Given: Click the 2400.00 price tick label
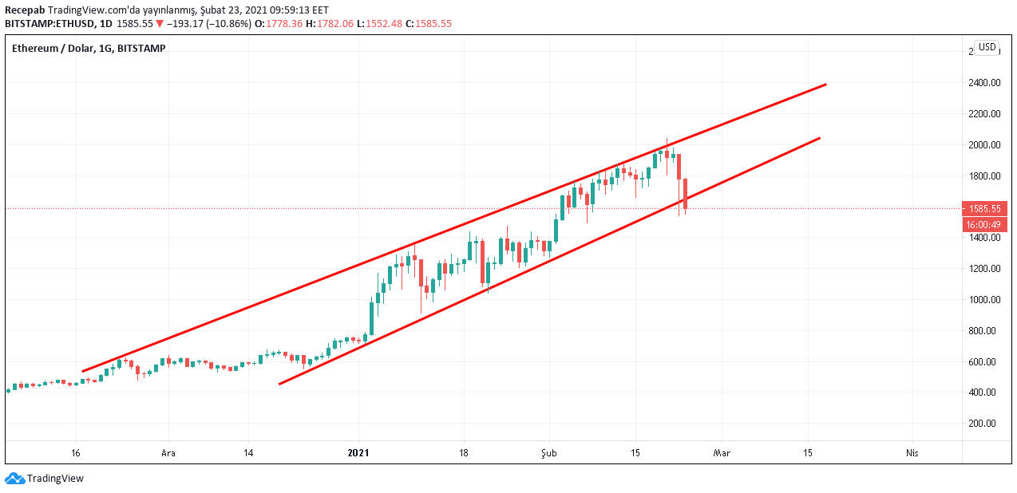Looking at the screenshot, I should tap(984, 83).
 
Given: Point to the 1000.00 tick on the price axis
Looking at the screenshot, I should tap(984, 300).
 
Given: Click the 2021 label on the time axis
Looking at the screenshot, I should tap(358, 453).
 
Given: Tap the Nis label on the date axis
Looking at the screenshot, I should tap(912, 453).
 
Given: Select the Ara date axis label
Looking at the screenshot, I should tap(168, 453).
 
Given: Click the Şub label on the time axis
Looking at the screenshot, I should tap(548, 453).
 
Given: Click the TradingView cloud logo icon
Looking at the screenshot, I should tap(14, 479).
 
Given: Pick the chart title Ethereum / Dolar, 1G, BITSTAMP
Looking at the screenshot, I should tap(89, 49).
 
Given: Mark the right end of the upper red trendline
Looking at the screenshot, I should tap(825, 84).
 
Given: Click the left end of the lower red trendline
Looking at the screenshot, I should tap(279, 384).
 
